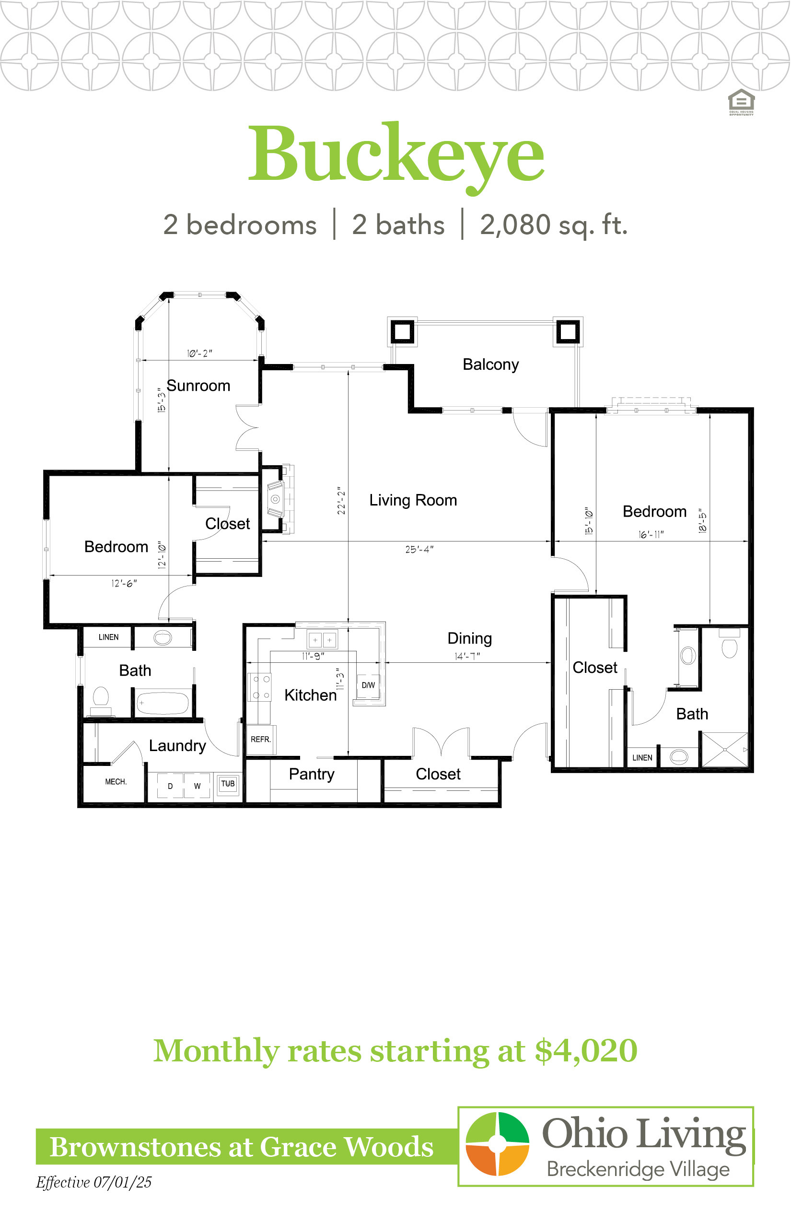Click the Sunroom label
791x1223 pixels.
pos(198,386)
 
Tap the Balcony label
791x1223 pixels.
pos(490,365)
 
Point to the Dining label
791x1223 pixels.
pos(469,638)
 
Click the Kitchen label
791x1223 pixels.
pos(310,695)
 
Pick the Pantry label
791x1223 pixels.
pos(311,774)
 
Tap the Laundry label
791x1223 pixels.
pos(177,746)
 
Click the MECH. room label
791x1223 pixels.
pos(116,782)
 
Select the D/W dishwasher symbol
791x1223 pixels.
pos(368,685)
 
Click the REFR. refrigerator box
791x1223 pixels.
pos(261,740)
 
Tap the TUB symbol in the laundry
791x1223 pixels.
pos(228,784)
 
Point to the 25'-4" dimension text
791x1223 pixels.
pos(419,549)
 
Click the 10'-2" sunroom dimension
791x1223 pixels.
pos(199,353)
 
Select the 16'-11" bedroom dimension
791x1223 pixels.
pos(651,534)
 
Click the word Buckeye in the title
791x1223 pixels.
pos(396,154)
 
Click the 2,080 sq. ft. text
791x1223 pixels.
pos(554,224)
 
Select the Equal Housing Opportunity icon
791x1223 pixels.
pos(741,102)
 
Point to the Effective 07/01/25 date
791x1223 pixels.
pos(93,1182)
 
